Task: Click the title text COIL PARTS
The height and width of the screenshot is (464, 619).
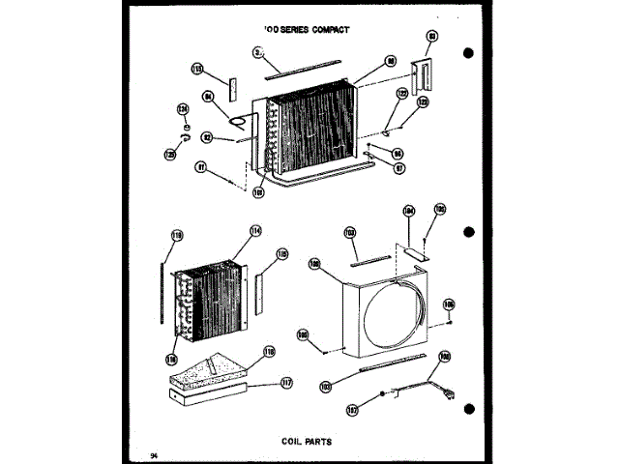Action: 309,440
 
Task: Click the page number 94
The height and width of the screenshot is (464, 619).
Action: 153,453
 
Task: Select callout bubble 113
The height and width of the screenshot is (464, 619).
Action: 198,70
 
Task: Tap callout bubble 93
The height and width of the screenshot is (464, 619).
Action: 432,38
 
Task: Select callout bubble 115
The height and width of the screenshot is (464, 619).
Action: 281,254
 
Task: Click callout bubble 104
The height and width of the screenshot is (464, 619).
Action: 408,211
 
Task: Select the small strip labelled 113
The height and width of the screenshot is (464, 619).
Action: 231,88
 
